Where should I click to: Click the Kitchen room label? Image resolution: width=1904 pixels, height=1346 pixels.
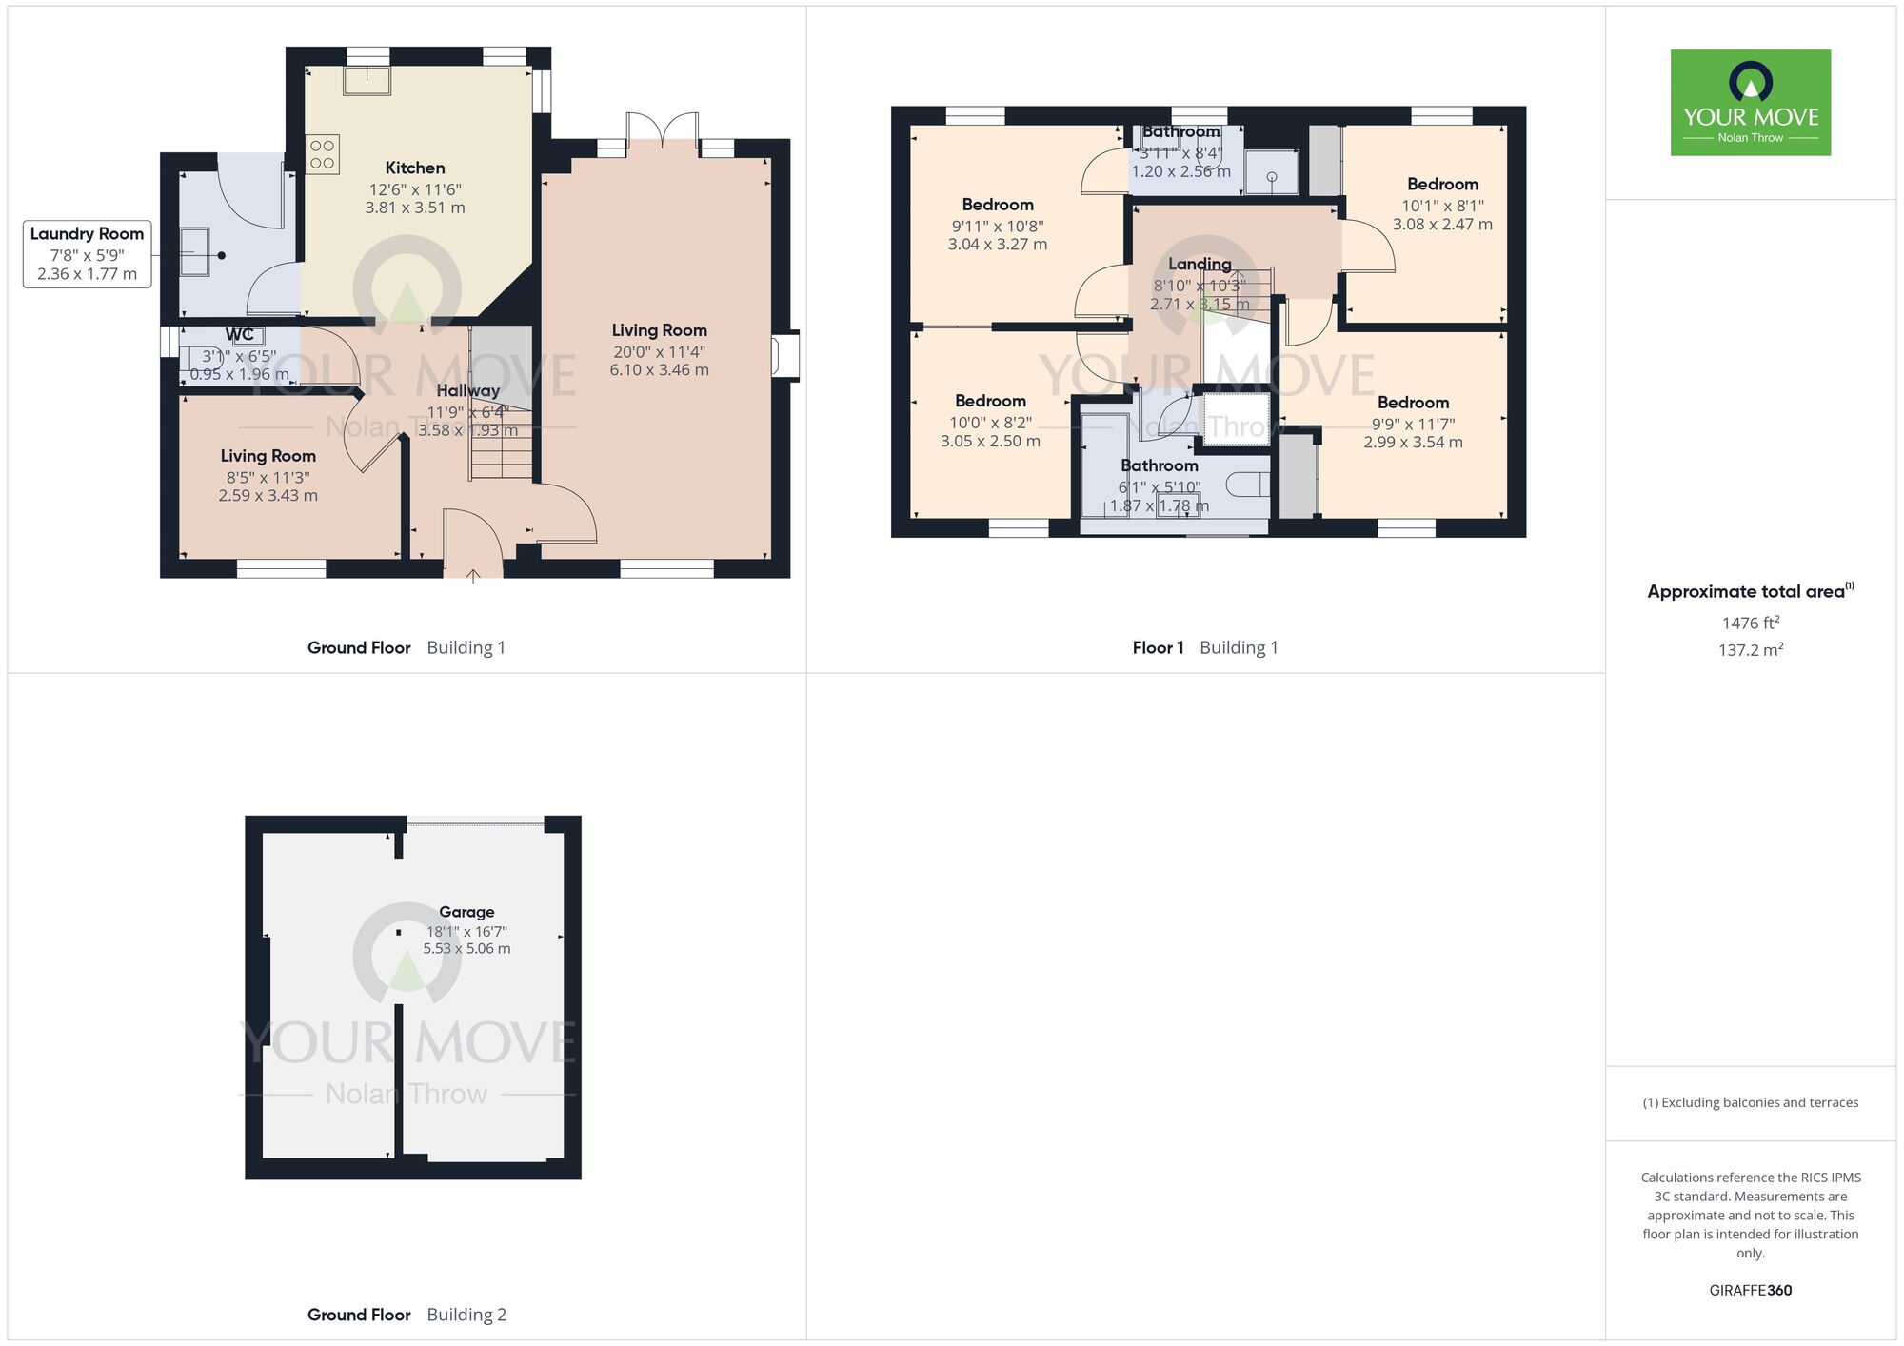click(414, 168)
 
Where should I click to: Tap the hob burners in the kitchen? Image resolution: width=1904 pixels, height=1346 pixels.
click(322, 154)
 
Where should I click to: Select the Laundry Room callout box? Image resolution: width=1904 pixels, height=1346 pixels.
click(87, 253)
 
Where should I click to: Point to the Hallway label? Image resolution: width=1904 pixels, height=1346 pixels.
click(467, 390)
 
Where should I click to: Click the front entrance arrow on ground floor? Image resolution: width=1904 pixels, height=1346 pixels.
click(473, 574)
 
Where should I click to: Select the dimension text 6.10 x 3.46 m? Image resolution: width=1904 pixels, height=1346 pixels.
click(659, 370)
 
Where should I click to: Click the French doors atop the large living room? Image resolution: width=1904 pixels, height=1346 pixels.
click(663, 130)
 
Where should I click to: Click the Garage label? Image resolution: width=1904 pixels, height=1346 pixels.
click(466, 912)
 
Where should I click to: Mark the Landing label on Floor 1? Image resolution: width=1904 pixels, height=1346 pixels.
click(1200, 264)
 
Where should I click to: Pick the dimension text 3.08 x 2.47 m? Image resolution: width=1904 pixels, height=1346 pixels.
click(1442, 225)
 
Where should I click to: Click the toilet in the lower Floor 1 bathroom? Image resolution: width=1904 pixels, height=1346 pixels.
click(1248, 485)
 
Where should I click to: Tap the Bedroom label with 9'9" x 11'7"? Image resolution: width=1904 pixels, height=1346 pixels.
click(1413, 403)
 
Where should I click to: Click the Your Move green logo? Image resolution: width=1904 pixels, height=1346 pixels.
click(1750, 103)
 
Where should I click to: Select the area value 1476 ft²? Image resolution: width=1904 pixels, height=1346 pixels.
click(1750, 623)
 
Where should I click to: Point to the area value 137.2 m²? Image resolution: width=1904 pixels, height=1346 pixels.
click(1750, 650)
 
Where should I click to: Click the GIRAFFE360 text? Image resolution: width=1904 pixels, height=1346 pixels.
click(1750, 1291)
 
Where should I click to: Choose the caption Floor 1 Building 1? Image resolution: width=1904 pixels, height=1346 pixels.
click(1204, 648)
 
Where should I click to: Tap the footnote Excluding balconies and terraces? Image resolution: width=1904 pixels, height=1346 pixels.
click(1750, 1102)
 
